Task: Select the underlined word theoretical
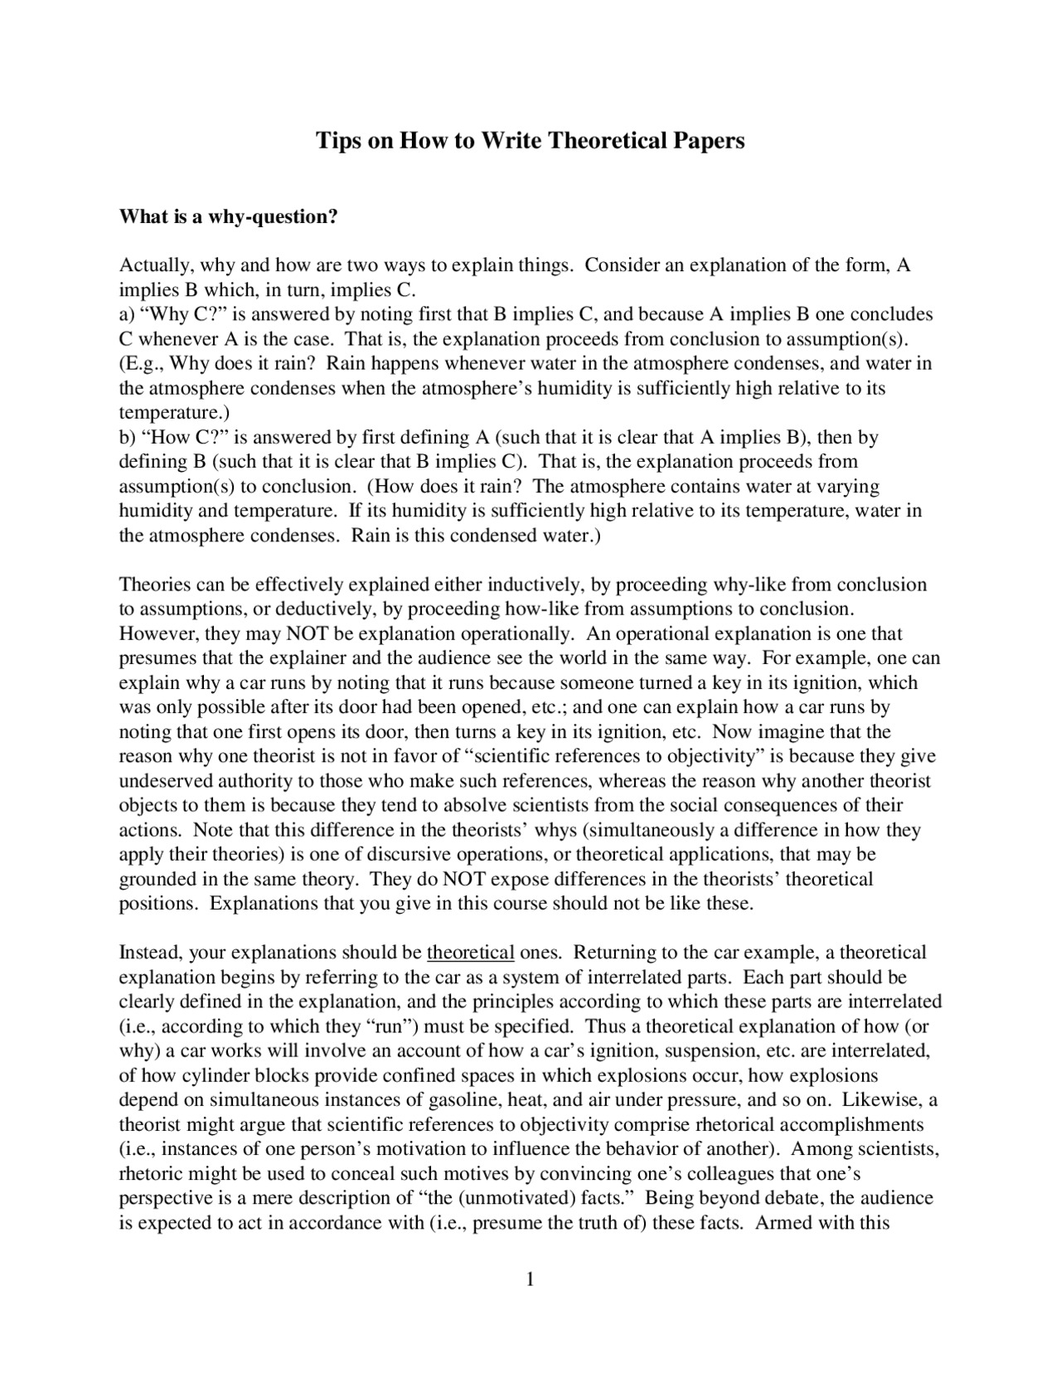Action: (x=471, y=952)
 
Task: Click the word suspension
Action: (x=711, y=1051)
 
